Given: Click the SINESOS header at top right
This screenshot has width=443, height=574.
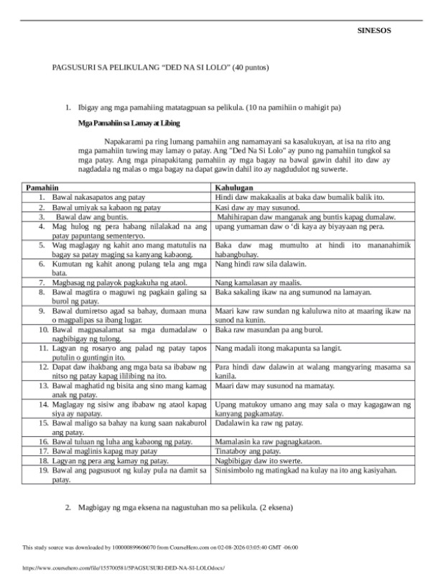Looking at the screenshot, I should click(x=374, y=31).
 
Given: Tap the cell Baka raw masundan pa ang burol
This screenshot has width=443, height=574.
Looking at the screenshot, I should click(x=269, y=329).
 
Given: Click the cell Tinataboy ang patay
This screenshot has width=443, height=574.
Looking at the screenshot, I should click(x=248, y=451).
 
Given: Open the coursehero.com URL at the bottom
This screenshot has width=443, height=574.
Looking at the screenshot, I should click(x=119, y=567).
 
